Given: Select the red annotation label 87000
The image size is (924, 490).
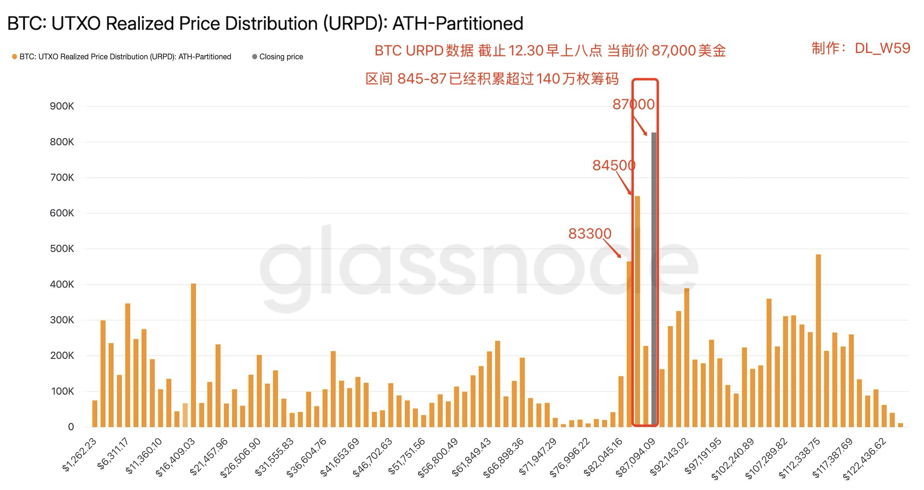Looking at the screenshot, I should tap(634, 104).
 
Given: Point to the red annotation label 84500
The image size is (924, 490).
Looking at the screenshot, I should tap(614, 165).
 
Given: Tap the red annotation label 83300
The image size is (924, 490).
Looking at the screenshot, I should tap(590, 234).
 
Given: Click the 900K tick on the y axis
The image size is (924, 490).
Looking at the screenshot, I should tap(62, 106).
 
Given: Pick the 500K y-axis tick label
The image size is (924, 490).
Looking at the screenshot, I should tap(62, 249).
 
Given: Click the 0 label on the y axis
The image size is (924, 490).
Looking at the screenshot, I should tap(71, 427).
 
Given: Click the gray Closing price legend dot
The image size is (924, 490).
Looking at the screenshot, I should tap(255, 57).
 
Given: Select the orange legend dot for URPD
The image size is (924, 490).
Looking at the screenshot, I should tap(14, 57).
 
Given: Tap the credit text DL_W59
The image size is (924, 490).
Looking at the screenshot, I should tap(882, 48).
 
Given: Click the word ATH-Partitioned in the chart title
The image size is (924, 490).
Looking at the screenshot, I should tap(458, 23).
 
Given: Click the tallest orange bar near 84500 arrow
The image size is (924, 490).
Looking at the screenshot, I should tap(637, 309).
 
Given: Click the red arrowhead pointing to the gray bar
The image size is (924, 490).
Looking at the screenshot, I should tap(645, 134).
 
